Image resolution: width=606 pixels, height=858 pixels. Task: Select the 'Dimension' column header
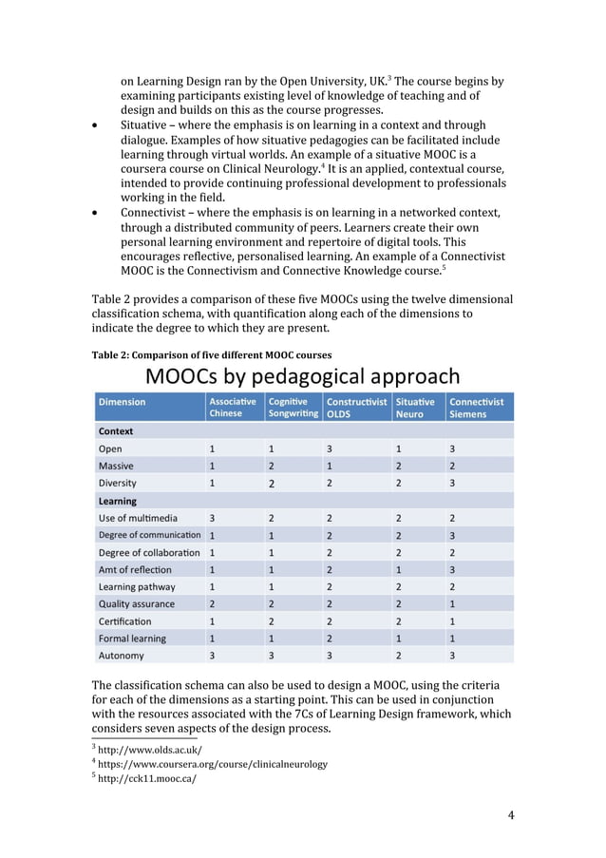point(122,402)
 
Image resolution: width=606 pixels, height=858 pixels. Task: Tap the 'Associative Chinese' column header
point(232,408)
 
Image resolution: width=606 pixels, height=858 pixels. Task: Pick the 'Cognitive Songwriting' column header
point(293,408)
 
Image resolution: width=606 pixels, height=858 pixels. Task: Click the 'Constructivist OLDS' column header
point(356,408)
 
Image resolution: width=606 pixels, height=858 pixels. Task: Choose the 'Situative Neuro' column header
point(415,408)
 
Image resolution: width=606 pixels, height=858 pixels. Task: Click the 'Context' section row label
point(116,431)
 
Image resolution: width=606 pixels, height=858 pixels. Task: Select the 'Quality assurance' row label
point(137,603)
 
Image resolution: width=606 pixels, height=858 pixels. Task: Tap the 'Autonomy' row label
point(122,656)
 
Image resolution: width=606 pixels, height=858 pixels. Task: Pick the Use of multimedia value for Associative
point(212,518)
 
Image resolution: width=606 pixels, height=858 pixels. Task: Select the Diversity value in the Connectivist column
point(452,483)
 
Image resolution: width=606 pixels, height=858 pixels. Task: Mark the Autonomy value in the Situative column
point(399,656)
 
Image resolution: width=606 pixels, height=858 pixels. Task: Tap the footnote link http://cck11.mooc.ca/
point(147,779)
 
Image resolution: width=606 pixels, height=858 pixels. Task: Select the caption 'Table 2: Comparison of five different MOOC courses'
point(211,355)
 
